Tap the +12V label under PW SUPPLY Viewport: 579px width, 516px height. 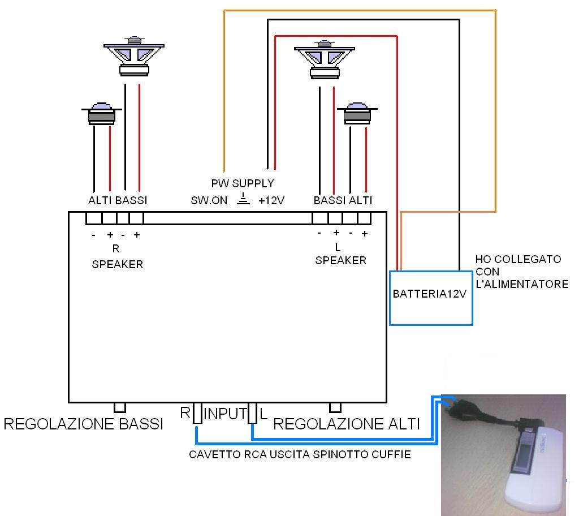click(271, 200)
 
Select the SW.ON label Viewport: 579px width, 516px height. click(209, 200)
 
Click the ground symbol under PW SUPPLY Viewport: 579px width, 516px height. click(243, 199)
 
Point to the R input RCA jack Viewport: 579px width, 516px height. click(197, 413)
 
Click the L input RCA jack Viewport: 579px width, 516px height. click(253, 413)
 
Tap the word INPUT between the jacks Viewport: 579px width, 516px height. click(225, 414)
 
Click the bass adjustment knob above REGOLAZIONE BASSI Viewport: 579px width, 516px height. click(120, 407)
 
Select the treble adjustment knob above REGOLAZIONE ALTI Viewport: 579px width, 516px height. click(335, 407)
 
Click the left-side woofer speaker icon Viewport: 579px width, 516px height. click(134, 57)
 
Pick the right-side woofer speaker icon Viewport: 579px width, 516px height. click(325, 60)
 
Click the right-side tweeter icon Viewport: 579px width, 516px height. click(357, 113)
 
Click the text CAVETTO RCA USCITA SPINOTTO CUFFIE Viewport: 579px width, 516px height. click(300, 454)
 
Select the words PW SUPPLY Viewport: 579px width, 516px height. click(243, 183)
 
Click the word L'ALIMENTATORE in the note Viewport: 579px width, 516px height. click(522, 285)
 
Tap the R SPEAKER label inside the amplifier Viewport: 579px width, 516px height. click(118, 256)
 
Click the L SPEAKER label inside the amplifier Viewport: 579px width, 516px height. click(340, 254)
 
